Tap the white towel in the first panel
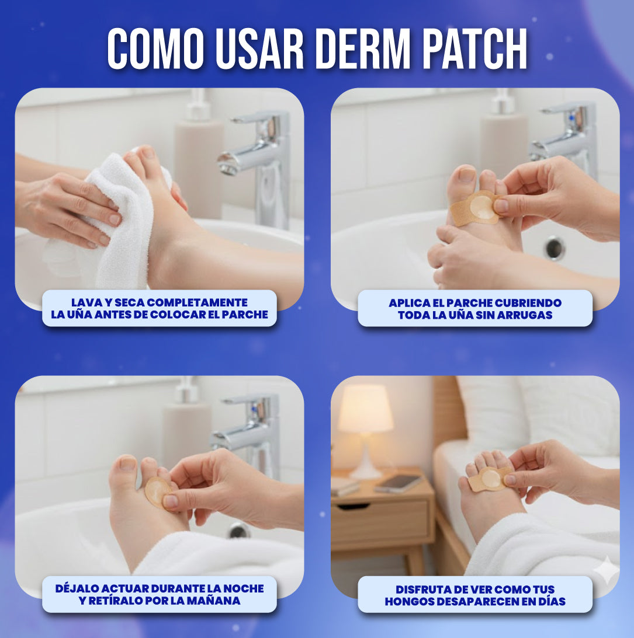(x=117, y=233)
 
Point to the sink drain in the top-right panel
(x=555, y=247)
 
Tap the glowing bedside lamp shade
(x=366, y=409)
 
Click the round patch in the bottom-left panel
(x=157, y=491)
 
